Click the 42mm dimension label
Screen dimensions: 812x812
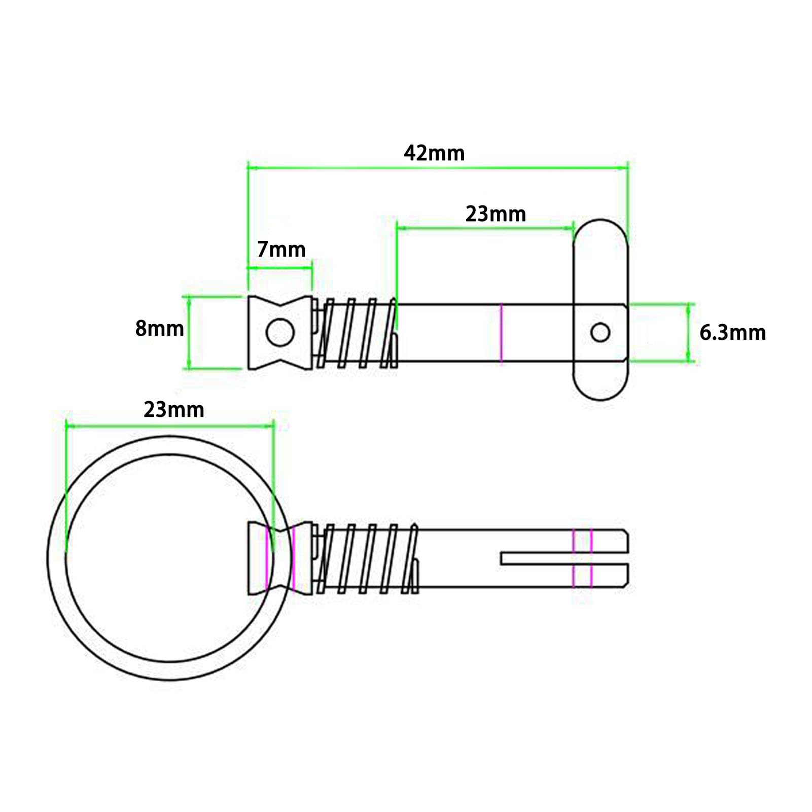click(434, 153)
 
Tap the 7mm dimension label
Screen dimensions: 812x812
click(281, 250)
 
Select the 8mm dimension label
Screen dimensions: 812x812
click(159, 329)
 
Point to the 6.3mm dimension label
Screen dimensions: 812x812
click(732, 333)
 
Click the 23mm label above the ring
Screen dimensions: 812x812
click(173, 409)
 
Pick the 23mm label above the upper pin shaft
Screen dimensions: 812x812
click(496, 214)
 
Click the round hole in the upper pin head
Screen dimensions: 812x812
click(280, 333)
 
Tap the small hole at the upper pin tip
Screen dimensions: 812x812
click(601, 333)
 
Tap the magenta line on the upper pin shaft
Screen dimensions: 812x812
click(501, 333)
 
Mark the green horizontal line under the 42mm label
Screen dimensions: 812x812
click(438, 167)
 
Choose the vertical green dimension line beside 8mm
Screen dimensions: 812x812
click(189, 332)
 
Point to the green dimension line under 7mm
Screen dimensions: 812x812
click(279, 267)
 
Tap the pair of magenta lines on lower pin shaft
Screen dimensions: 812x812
click(582, 558)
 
